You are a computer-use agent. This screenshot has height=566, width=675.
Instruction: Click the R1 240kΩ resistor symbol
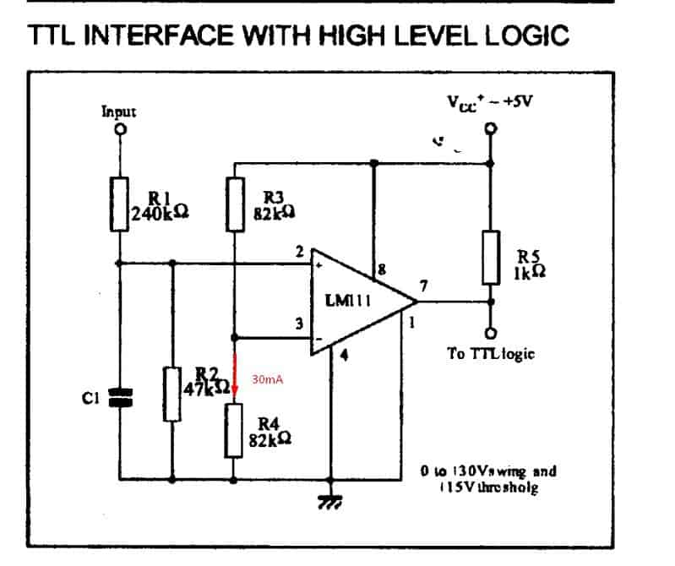coord(120,204)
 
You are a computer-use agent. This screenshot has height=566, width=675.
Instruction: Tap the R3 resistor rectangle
coord(235,204)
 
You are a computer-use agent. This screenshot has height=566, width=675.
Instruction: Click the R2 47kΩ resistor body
coord(172,395)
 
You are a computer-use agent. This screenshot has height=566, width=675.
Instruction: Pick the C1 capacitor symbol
coord(120,396)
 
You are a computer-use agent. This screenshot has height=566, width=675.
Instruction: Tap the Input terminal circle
coord(120,131)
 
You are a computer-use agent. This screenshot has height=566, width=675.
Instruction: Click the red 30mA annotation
coord(267,381)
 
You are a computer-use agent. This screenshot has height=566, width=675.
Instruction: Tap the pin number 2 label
coord(299,251)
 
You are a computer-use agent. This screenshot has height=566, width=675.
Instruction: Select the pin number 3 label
coord(297,321)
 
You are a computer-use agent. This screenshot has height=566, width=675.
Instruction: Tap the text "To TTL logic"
coord(491,354)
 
